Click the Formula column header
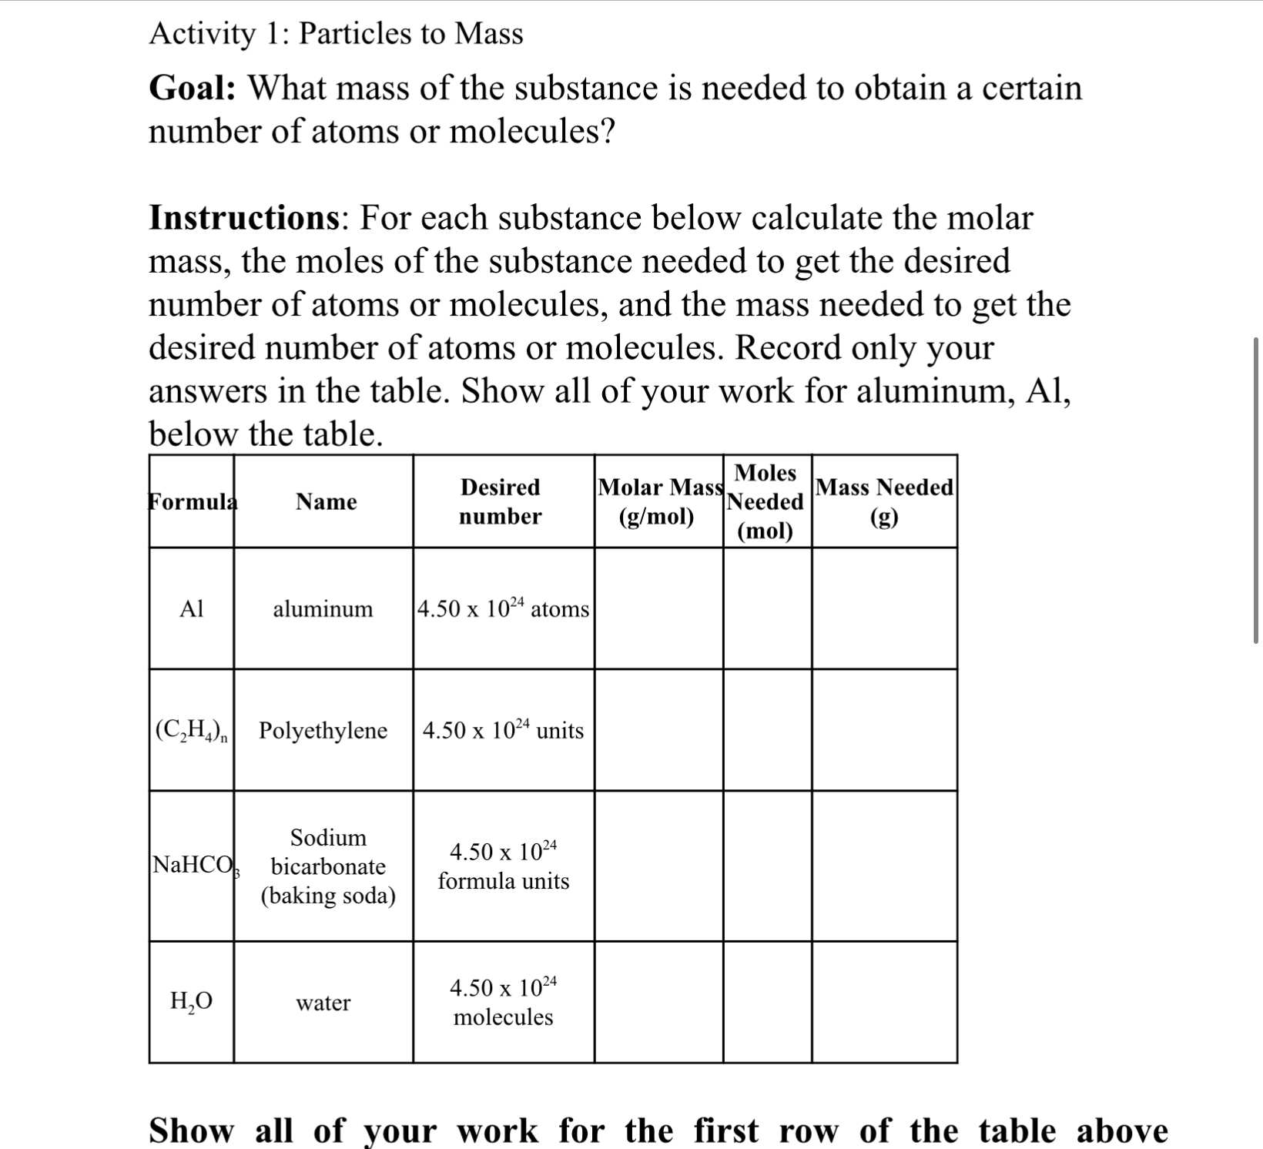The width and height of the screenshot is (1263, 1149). tap(193, 501)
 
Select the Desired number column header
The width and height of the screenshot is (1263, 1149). tap(501, 501)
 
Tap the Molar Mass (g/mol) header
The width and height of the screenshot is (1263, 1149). tap(659, 501)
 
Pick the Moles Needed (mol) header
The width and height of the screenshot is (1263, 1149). tap(766, 501)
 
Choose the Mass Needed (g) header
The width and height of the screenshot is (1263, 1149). tap(884, 501)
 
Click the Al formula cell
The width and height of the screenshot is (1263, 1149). tap(191, 609)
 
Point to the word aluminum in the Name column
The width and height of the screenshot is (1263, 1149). tap(323, 609)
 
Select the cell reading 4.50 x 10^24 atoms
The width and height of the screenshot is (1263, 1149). tap(503, 608)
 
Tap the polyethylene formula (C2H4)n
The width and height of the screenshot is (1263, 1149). tap(191, 730)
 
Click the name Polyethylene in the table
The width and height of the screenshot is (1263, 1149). tap(323, 730)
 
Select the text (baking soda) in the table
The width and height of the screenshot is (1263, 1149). tap(328, 896)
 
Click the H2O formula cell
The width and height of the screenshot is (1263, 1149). tap(191, 1001)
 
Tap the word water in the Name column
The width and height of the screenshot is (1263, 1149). tap(323, 1003)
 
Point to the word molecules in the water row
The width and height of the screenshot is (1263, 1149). tap(503, 1017)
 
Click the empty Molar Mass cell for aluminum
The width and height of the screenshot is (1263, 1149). tap(658, 608)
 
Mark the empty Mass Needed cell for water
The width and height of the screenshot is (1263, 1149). tap(884, 1002)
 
